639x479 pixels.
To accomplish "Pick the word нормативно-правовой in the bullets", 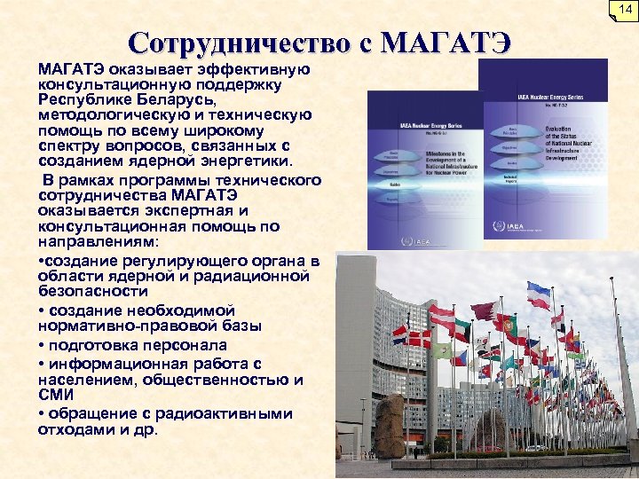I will pyautogui.click(x=115, y=325).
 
